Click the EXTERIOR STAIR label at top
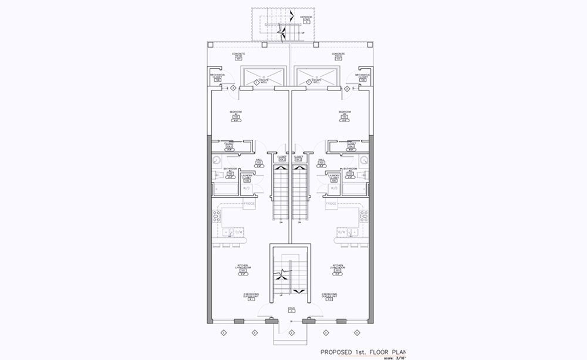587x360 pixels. tap(306, 18)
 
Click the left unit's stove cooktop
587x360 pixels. tap(216, 216)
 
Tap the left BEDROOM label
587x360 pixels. tap(237, 112)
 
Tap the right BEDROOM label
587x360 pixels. tap(345, 112)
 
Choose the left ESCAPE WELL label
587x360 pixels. tap(265, 82)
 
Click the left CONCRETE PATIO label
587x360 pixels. tap(238, 55)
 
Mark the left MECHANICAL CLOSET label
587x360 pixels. tap(217, 76)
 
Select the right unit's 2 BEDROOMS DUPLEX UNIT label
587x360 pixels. tap(328, 295)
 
